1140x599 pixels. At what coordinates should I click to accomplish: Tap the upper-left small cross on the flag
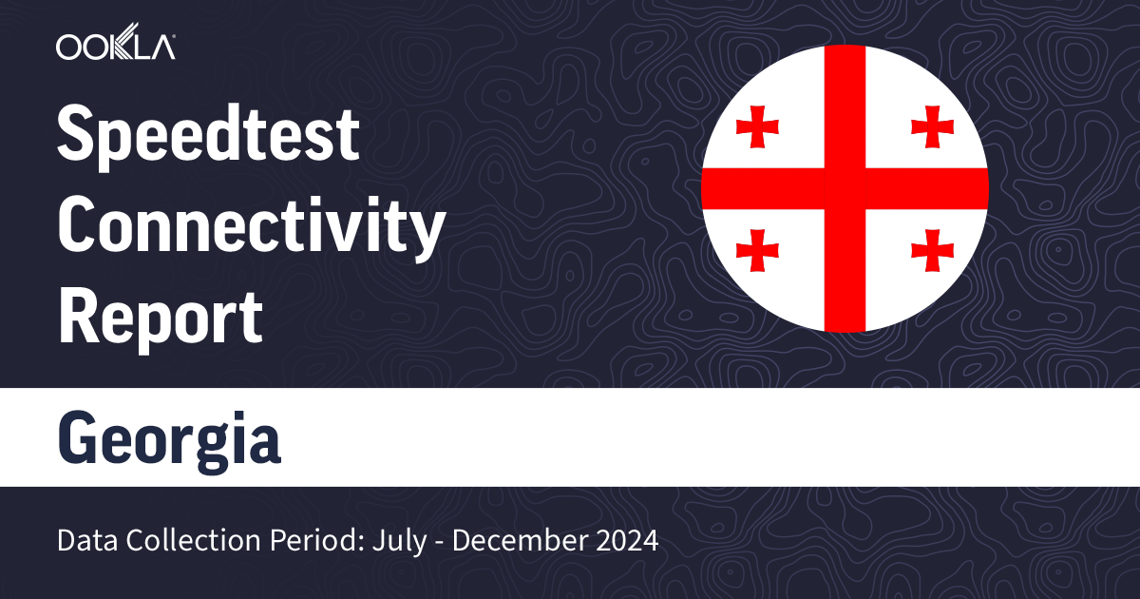(757, 126)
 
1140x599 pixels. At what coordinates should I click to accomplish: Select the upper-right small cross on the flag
(932, 126)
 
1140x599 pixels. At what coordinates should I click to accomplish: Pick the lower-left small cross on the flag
(757, 250)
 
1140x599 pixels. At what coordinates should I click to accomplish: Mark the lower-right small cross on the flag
(932, 250)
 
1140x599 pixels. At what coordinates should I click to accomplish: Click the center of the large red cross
(845, 188)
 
